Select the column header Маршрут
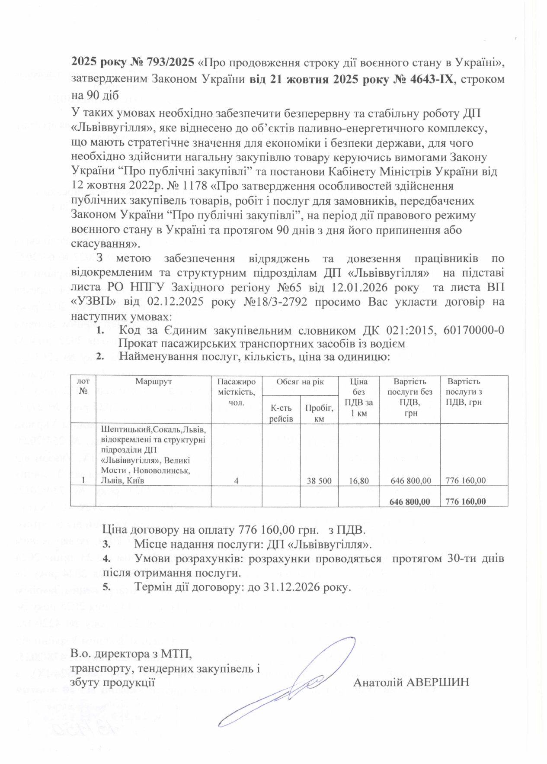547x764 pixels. pos(154,381)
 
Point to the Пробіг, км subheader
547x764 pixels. pos(319,413)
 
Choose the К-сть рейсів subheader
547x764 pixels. pos(281,413)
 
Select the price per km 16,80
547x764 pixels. pos(358,480)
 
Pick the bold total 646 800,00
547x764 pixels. pos(409,501)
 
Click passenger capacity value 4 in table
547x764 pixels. pos(236,480)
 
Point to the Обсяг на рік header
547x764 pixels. pos(300,381)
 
